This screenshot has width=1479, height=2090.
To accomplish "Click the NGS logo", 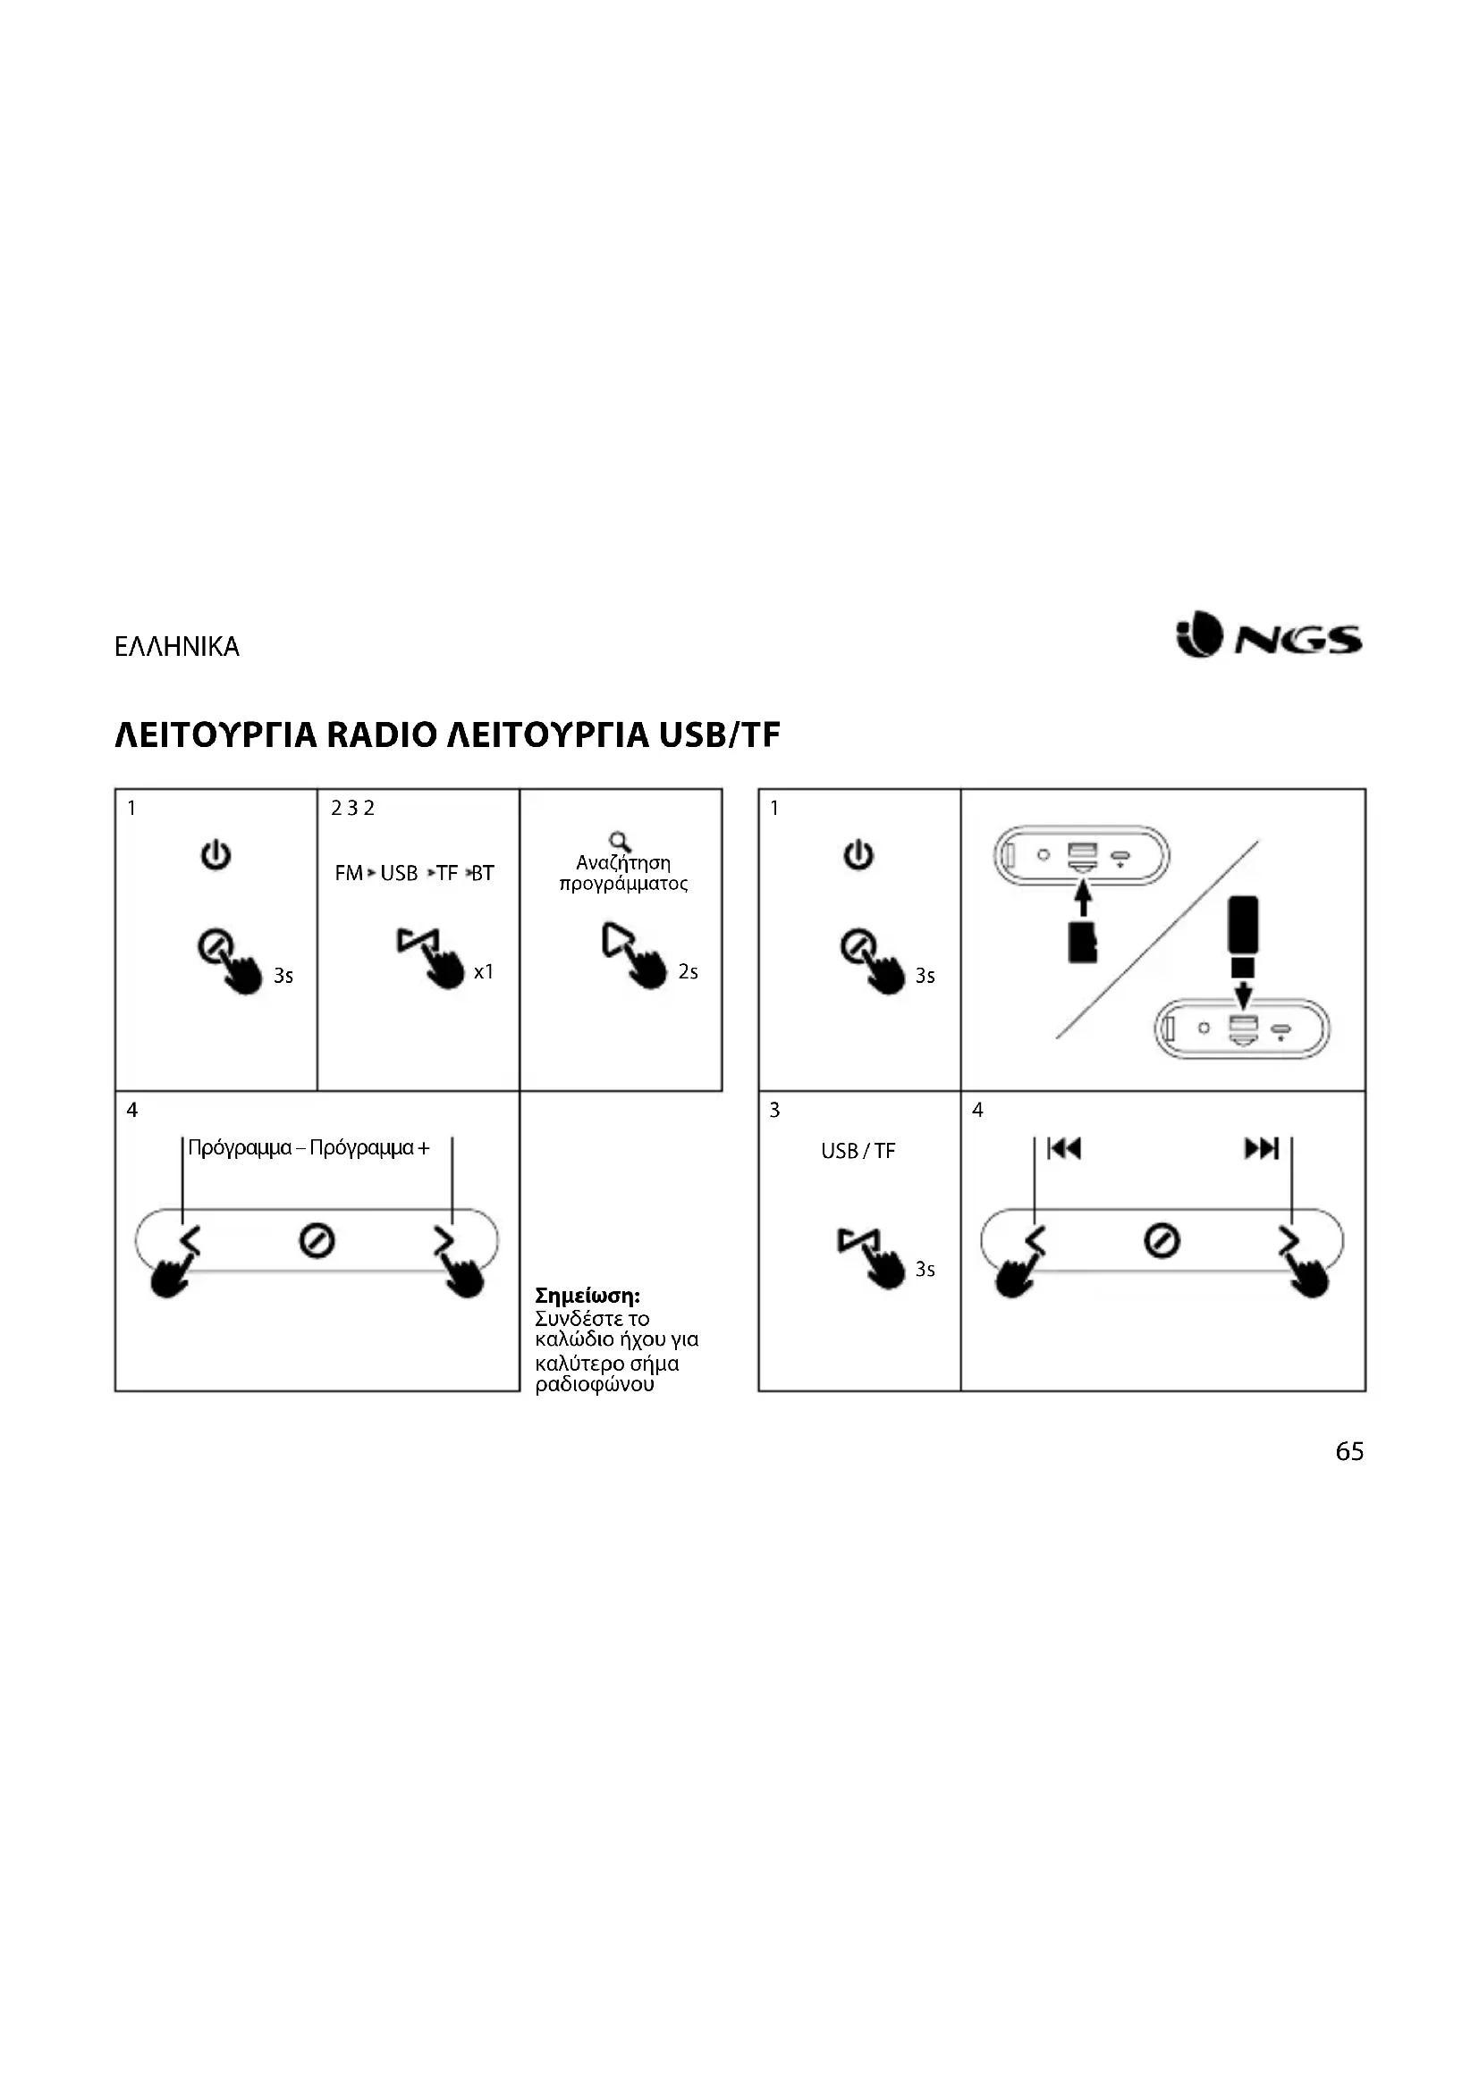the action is pyautogui.click(x=1271, y=635).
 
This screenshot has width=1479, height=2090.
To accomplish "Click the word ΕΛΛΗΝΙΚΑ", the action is pyautogui.click(x=177, y=647).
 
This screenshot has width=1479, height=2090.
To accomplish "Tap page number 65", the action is pyautogui.click(x=1348, y=1452).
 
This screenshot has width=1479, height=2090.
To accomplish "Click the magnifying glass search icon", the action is pyautogui.click(x=621, y=842).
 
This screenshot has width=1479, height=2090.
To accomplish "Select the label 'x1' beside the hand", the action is pyautogui.click(x=484, y=972).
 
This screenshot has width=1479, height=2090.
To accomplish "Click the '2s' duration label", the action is pyautogui.click(x=688, y=972).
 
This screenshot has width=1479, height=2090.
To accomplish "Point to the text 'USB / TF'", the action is pyautogui.click(x=858, y=1152).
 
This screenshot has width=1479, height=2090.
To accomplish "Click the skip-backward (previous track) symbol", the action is pyautogui.click(x=1064, y=1149).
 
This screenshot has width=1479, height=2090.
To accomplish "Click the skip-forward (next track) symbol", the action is pyautogui.click(x=1263, y=1149).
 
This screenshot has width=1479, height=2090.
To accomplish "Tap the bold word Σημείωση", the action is pyautogui.click(x=587, y=1296).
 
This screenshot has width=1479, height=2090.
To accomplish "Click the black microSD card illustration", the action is pyautogui.click(x=1082, y=942).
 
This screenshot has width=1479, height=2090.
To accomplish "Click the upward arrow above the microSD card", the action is pyautogui.click(x=1082, y=901).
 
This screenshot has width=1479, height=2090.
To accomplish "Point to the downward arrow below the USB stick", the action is pyautogui.click(x=1243, y=992).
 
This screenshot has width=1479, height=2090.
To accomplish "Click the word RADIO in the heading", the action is pyautogui.click(x=382, y=735).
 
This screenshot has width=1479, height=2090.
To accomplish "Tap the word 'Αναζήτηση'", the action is pyautogui.click(x=623, y=863).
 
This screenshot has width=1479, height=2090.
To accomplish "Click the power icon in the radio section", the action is pyautogui.click(x=216, y=856).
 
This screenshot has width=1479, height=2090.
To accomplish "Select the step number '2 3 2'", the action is pyautogui.click(x=352, y=809).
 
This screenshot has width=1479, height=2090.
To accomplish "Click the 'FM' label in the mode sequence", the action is pyautogui.click(x=348, y=874).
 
